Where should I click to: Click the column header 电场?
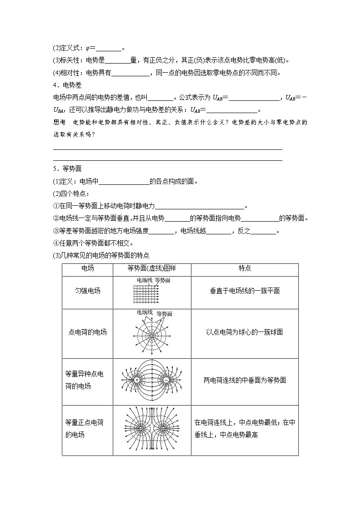[x=87, y=268]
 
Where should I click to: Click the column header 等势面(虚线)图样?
[x=151, y=268]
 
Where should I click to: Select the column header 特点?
[x=245, y=268]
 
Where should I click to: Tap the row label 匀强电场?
[x=87, y=291]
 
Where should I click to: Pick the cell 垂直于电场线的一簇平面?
[x=245, y=291]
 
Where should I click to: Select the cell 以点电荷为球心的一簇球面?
[x=245, y=332]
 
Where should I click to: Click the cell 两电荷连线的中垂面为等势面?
[x=245, y=381]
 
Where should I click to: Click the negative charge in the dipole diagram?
[x=166, y=380]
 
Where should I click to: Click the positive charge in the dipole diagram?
[x=136, y=380]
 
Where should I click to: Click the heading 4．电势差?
[x=67, y=85]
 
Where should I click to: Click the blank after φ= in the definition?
[x=109, y=49]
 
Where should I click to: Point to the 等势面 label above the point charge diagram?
[x=164, y=314]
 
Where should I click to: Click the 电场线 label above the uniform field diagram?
[x=145, y=281]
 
